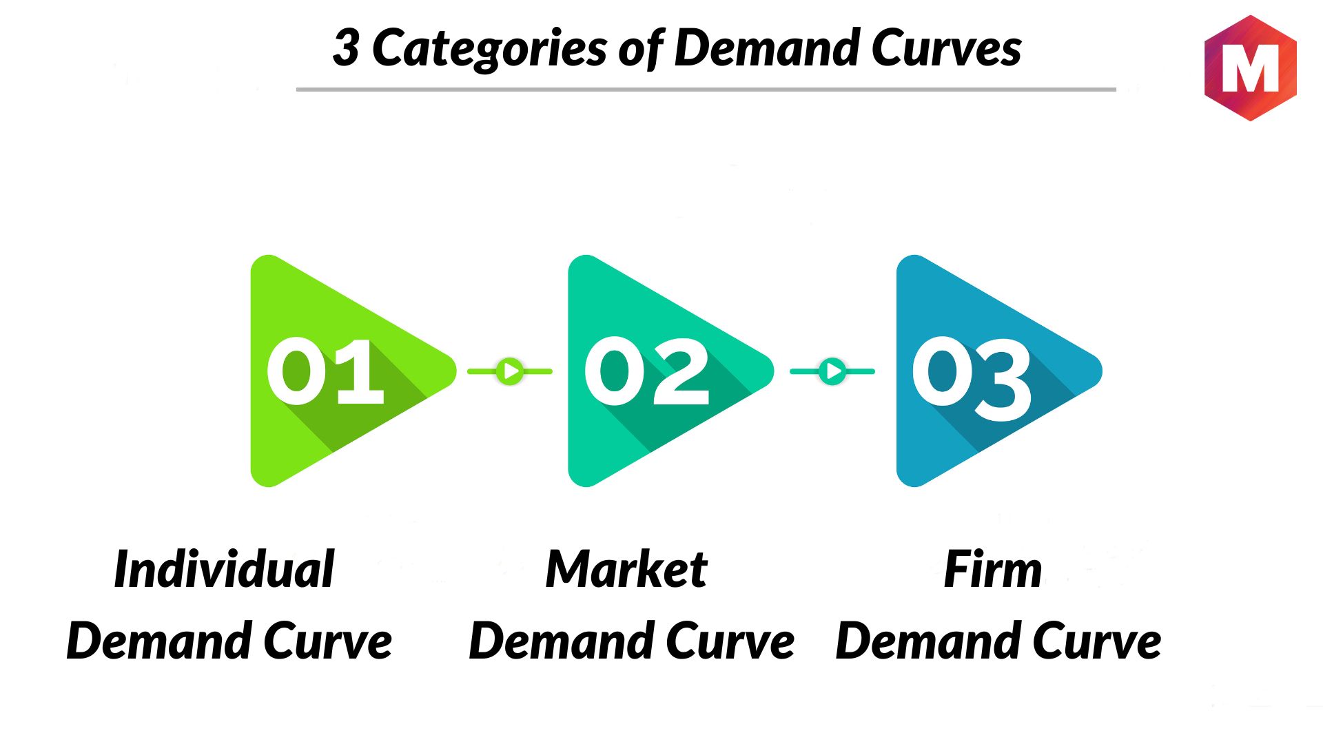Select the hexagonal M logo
point(1250,68)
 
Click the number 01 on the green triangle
point(325,371)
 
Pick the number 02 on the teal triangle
point(646,371)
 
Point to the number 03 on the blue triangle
point(972,378)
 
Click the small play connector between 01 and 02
point(510,371)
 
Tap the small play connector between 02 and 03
point(832,371)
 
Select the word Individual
point(225,569)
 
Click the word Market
point(626,569)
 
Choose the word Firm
point(993,569)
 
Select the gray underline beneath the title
point(706,90)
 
